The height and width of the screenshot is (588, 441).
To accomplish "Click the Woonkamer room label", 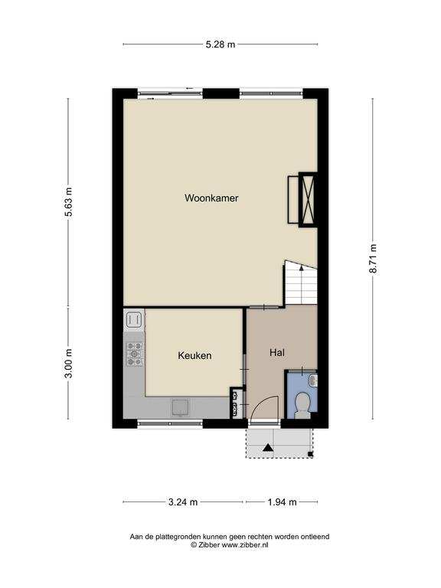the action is [x=211, y=198].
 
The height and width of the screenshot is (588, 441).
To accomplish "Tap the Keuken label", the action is [x=194, y=355].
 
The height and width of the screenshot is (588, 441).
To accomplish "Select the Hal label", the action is [x=277, y=352].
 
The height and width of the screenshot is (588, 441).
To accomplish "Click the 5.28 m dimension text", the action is [x=220, y=44].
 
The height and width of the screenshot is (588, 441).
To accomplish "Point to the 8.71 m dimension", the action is [x=374, y=258].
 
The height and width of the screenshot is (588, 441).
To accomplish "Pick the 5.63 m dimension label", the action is [x=69, y=202].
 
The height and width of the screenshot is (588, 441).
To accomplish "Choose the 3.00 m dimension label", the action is [x=69, y=364].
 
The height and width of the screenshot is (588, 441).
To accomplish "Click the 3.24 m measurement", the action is [x=183, y=501].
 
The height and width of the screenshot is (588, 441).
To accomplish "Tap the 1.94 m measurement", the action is [x=283, y=501].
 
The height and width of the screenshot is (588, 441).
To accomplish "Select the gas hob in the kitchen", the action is [x=134, y=354].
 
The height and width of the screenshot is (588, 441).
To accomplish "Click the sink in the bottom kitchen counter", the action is [x=181, y=407].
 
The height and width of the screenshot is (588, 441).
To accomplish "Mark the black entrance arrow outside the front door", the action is [x=268, y=447].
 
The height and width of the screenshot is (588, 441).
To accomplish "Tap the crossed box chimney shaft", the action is [x=308, y=199].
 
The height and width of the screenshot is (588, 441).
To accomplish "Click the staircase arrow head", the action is [x=301, y=268].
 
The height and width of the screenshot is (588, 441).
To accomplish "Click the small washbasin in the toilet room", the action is [x=313, y=381].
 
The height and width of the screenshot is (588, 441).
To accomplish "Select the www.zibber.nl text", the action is [x=245, y=545].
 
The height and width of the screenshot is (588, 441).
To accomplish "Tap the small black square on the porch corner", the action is [x=310, y=455].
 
